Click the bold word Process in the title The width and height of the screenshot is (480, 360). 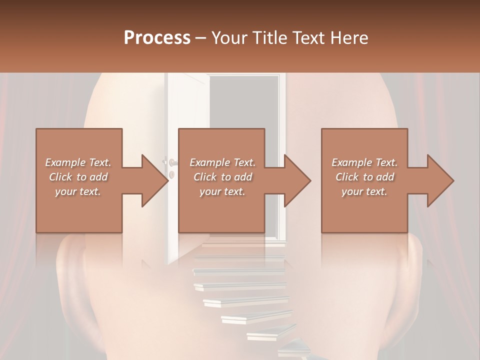pyautogui.click(x=157, y=38)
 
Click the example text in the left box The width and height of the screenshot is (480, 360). pyautogui.click(x=78, y=177)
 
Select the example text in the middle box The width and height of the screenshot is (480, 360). pyautogui.click(x=222, y=177)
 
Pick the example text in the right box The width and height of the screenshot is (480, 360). pyautogui.click(x=364, y=177)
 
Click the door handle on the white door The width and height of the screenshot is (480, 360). pyautogui.click(x=171, y=162)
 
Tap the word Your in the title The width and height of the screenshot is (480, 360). pyautogui.click(x=228, y=38)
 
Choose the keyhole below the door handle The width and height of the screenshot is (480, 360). pyautogui.click(x=171, y=174)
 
